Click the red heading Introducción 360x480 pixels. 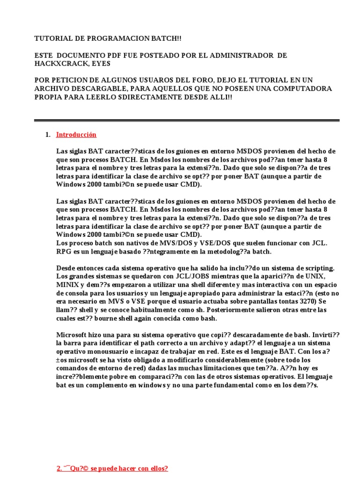coord(76,135)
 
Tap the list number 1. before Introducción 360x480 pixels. coord(47,135)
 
